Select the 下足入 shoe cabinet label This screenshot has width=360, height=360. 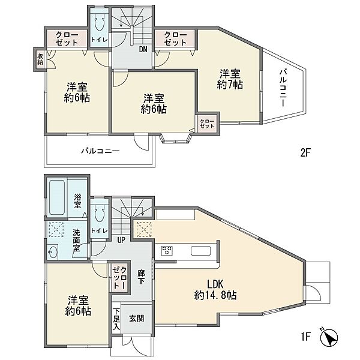(116, 320)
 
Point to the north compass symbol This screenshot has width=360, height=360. (331, 337)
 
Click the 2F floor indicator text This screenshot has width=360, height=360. (305, 152)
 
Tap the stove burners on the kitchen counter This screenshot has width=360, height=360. (167, 250)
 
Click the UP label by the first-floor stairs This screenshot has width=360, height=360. (121, 240)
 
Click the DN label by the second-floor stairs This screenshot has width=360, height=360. (143, 50)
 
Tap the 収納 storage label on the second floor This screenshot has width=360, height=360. (40, 59)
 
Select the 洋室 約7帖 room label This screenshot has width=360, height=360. (230, 79)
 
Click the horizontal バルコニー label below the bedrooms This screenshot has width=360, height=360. (100, 152)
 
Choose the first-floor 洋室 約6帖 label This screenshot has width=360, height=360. (79, 305)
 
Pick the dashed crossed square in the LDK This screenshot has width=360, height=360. (144, 229)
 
